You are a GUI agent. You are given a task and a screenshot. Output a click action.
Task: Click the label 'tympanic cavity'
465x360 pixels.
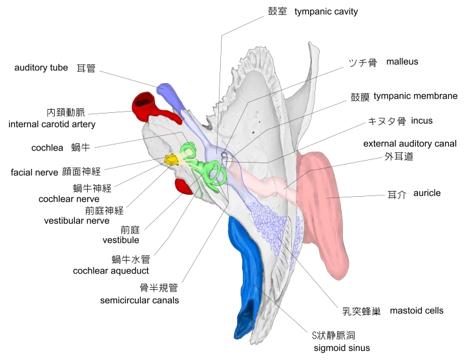click(325, 12)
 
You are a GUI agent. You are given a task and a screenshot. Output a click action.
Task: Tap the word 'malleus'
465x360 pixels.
click(402, 62)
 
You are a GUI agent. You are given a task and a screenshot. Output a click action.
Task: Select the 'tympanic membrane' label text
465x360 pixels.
click(415, 96)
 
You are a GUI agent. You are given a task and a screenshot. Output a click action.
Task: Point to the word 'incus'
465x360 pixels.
click(422, 121)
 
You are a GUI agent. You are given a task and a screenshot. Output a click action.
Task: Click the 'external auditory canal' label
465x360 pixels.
click(409, 143)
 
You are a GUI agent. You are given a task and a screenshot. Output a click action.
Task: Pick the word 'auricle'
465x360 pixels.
click(426, 193)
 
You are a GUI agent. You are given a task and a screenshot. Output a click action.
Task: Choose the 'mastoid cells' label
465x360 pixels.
click(417, 310)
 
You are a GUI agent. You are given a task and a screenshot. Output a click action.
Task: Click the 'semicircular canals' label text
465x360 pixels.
click(139, 300)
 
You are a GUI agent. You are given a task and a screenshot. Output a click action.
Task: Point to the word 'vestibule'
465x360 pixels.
click(121, 240)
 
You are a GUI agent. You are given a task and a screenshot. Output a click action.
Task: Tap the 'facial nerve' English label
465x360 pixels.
click(34, 172)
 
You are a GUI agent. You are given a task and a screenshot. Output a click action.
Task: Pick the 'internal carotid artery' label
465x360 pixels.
click(52, 124)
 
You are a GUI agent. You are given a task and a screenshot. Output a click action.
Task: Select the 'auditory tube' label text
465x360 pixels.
click(41, 67)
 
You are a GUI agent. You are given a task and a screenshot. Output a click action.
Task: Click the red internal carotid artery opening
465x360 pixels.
click(143, 103)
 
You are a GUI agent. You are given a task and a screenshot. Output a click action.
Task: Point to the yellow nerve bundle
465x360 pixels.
click(172, 159)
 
